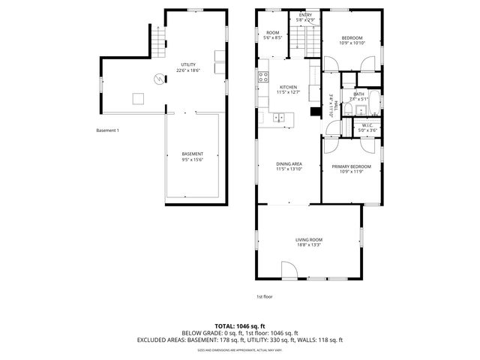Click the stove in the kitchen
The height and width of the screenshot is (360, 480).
(x=264, y=76)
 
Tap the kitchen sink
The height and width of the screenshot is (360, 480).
(x=279, y=117)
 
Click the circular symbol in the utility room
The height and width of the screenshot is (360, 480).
(x=158, y=78)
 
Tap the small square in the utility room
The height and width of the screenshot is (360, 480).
(x=139, y=97)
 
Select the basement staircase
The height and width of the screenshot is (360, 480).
(x=158, y=41)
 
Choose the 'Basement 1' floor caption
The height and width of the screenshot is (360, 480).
(x=107, y=130)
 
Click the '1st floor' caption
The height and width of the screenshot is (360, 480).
(x=264, y=296)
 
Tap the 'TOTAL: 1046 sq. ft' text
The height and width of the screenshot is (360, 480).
(x=239, y=325)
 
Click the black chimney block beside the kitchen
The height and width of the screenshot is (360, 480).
(x=316, y=113)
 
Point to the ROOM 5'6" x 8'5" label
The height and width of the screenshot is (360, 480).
(x=273, y=35)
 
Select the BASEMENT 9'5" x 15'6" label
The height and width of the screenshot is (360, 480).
(x=192, y=157)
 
